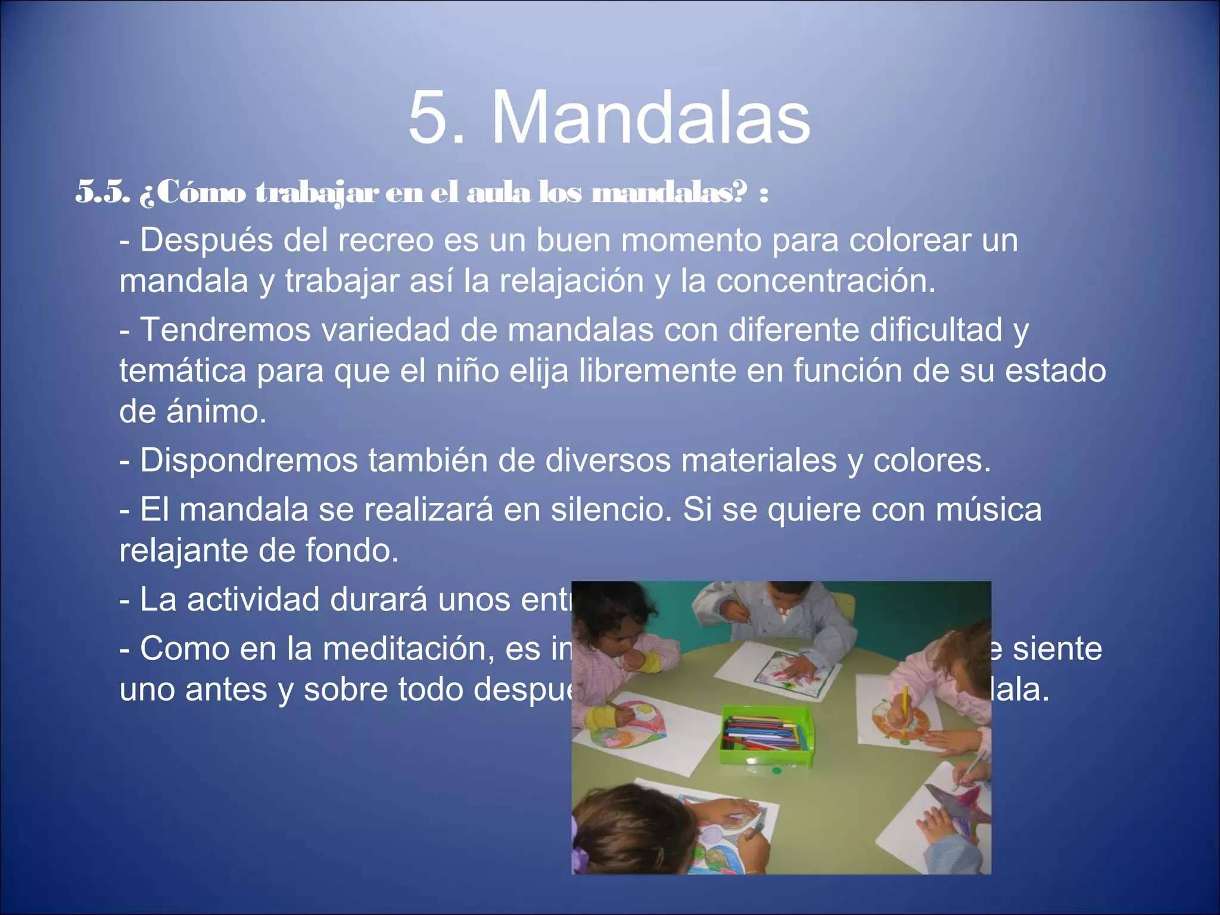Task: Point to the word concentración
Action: [826, 281]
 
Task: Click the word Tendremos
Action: [225, 330]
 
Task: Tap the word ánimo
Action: [216, 412]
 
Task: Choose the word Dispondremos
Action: [248, 460]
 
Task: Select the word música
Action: [988, 510]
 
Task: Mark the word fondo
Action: [351, 550]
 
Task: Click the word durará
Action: [378, 600]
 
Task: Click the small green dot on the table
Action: [776, 771]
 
